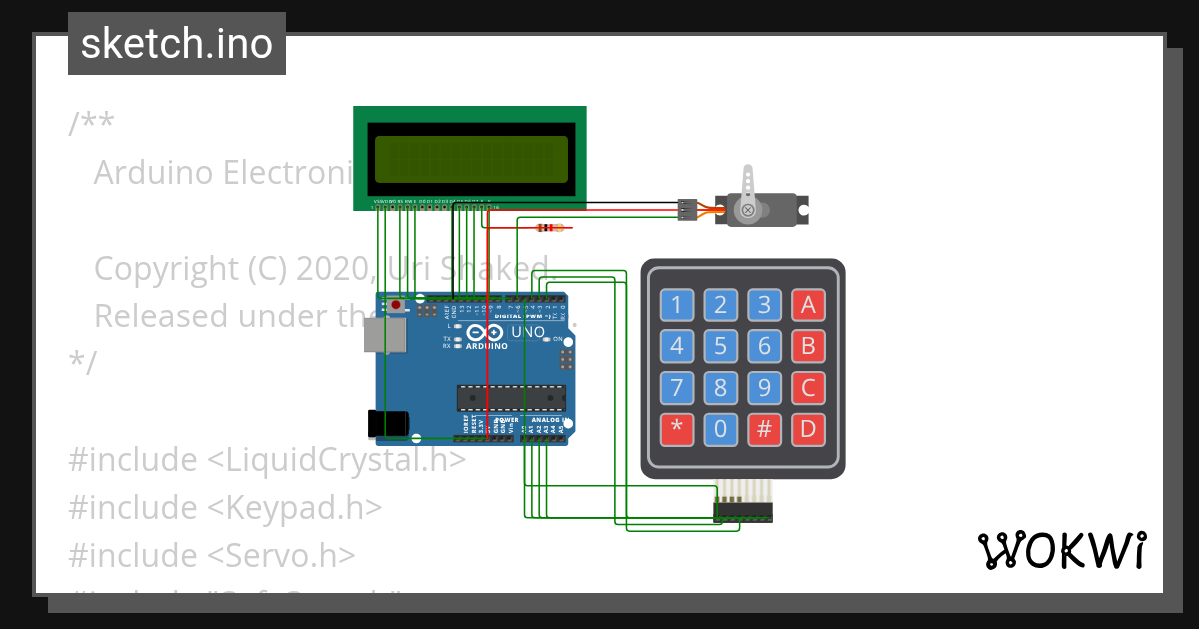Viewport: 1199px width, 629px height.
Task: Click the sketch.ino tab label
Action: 177,44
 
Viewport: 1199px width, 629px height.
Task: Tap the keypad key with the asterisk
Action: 677,430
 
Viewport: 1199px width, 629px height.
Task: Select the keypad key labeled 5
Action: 721,347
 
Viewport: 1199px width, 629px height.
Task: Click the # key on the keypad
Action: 764,430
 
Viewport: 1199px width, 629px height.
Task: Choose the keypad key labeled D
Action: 807,430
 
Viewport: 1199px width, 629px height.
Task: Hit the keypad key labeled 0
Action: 721,430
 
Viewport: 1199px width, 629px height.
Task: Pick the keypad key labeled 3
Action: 764,305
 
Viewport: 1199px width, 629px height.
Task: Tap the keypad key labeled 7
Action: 677,388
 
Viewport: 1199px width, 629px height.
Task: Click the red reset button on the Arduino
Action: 397,304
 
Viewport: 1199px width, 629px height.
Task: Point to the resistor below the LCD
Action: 548,227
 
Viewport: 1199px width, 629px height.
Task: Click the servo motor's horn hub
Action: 746,209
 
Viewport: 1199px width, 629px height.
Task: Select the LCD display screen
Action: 470,158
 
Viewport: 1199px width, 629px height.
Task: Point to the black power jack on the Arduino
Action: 387,424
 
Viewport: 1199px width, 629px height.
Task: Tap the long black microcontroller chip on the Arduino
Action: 511,397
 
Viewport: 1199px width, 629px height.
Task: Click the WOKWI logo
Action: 1062,550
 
